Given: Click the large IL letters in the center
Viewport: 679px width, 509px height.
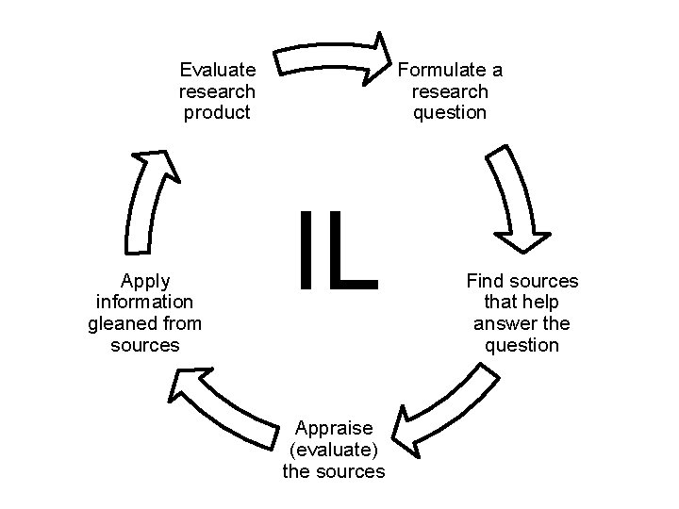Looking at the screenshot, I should pos(338,250).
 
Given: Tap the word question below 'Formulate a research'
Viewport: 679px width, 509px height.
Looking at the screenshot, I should pos(450,113).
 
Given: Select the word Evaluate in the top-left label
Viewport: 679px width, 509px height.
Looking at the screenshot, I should pos(218,70).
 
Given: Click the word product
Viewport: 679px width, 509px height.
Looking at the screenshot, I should pos(218,113).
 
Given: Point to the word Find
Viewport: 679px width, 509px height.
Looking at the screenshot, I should pos(485,281).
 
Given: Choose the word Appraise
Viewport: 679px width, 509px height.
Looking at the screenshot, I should pos(334,428).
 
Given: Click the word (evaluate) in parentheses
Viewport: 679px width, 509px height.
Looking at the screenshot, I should pos(334,450).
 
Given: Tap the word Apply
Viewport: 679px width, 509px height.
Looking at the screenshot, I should pos(145,281).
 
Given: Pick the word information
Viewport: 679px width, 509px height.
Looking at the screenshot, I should pos(145,303).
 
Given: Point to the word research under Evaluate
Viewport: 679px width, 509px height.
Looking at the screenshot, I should pos(218,91).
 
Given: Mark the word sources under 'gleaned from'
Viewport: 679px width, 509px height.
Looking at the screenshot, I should pos(145,346).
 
